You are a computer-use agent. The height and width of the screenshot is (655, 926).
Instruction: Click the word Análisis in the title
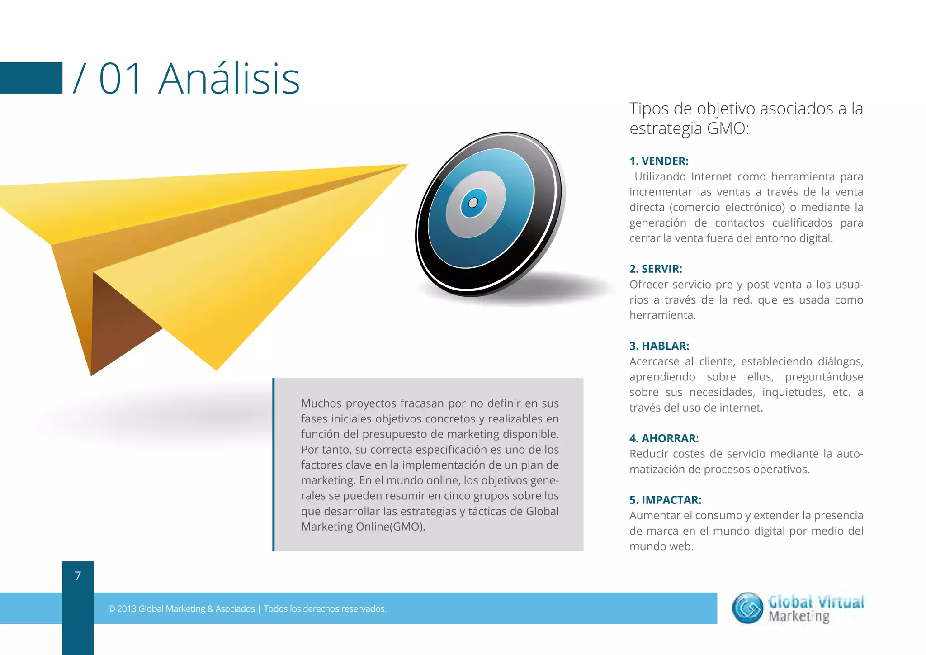click(x=229, y=79)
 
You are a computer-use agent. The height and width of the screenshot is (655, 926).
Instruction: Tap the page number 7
click(x=78, y=576)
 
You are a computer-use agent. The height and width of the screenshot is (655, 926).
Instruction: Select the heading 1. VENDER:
click(x=659, y=161)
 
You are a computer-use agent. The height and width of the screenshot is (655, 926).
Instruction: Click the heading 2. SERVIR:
click(x=656, y=269)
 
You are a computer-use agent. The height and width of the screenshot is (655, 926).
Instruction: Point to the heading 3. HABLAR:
click(x=659, y=346)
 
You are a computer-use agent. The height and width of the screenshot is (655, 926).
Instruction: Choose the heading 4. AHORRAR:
click(x=664, y=438)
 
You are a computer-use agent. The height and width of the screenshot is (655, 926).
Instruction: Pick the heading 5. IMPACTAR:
click(x=665, y=500)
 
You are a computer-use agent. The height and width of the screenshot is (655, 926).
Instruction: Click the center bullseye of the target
click(x=473, y=203)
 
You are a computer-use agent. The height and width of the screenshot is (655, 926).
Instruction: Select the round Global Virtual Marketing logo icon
click(x=747, y=608)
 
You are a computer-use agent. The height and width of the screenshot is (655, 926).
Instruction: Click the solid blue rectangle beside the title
click(x=31, y=78)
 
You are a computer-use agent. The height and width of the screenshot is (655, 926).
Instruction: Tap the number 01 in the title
click(x=121, y=79)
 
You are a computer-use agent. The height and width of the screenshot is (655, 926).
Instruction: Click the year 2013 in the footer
click(x=127, y=609)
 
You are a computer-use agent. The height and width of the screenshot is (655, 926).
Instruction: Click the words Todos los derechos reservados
click(x=325, y=609)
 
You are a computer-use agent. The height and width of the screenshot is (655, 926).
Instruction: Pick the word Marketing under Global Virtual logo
click(x=799, y=617)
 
